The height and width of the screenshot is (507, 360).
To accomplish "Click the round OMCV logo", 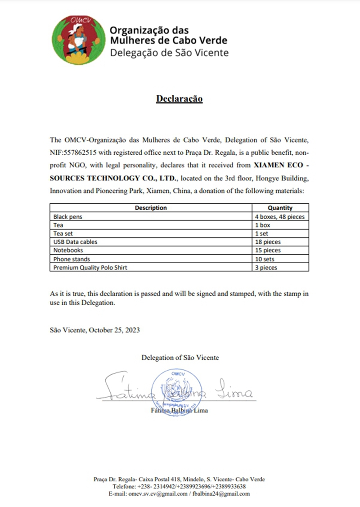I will (x=77, y=40).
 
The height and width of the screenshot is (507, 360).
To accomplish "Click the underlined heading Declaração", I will (x=179, y=99).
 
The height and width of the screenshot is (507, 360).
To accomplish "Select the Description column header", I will (x=151, y=208).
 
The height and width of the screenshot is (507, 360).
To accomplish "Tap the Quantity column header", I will (x=280, y=208).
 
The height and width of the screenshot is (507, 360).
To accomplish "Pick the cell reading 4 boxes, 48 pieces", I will (x=279, y=216).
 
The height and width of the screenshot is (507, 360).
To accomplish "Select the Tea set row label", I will (x=63, y=233).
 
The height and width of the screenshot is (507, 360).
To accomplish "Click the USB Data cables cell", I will (x=75, y=242).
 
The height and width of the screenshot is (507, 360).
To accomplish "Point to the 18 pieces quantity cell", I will (x=268, y=242).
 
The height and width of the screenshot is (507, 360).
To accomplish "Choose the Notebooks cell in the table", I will (x=68, y=251).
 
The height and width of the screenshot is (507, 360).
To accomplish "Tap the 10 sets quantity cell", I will (x=265, y=259).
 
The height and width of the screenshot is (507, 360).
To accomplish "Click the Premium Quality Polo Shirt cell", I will (x=90, y=268).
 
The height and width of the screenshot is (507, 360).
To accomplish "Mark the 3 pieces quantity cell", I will (x=266, y=268).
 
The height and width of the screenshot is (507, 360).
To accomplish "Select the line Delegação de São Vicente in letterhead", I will (x=169, y=53).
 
